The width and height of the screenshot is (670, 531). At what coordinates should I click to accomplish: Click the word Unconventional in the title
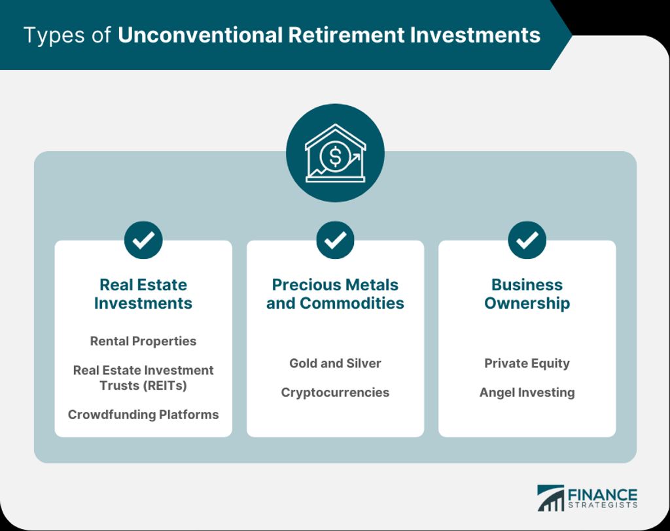tap(200, 35)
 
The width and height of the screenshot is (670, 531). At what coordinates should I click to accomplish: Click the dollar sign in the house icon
tap(336, 156)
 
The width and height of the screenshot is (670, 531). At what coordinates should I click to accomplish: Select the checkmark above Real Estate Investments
tap(143, 239)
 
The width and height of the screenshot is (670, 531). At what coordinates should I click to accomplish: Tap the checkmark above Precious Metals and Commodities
tap(335, 239)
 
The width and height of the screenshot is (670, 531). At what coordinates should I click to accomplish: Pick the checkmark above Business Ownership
tap(527, 239)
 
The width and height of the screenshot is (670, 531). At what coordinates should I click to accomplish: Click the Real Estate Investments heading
tap(143, 294)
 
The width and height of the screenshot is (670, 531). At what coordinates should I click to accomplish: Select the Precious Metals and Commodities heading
tap(335, 294)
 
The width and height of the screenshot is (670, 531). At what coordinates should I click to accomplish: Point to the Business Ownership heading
tap(527, 294)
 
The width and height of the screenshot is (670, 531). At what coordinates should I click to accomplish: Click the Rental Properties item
tap(143, 341)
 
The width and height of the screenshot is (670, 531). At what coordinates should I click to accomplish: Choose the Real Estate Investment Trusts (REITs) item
tap(143, 377)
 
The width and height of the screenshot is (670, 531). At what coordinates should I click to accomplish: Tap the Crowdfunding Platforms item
tap(143, 415)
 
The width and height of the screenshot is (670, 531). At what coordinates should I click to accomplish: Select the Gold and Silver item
tap(335, 363)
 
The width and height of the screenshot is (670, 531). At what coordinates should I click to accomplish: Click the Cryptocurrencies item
tap(335, 392)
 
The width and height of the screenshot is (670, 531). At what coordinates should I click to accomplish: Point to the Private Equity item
tap(527, 363)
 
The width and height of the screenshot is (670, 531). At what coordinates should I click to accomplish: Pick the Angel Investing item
tap(527, 392)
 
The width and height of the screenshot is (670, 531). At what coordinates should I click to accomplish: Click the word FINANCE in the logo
tap(603, 495)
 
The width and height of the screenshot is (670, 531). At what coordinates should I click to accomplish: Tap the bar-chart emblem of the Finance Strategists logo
tap(550, 498)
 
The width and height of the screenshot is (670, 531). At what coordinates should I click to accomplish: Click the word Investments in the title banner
tap(475, 35)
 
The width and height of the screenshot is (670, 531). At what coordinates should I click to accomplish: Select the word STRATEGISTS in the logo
tap(603, 505)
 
